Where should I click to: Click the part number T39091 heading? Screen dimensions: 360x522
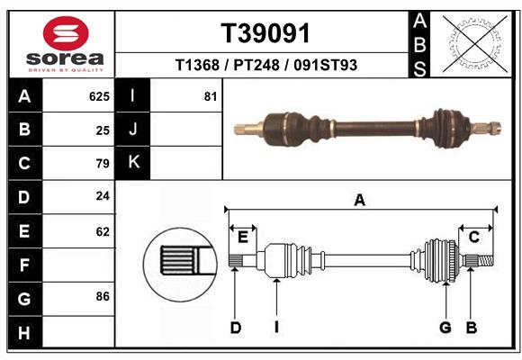point(265,33)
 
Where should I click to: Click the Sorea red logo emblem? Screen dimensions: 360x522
point(65,34)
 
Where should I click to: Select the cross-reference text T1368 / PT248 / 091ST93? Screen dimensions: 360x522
point(265,65)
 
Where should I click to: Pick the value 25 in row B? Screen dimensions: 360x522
point(103,130)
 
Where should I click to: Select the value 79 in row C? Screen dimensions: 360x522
point(103,164)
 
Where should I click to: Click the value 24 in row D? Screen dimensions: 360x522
point(103,196)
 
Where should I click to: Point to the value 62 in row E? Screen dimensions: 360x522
point(103,231)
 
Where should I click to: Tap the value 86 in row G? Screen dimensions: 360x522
point(103,296)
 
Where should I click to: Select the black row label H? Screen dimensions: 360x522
point(24,332)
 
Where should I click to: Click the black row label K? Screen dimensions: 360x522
point(133,163)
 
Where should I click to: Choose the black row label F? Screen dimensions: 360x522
point(24,265)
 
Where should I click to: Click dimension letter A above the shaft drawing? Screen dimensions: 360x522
point(360,201)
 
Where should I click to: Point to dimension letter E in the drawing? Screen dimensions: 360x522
point(242,237)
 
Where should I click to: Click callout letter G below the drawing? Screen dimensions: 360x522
point(445,328)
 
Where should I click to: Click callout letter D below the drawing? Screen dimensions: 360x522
point(236,328)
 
